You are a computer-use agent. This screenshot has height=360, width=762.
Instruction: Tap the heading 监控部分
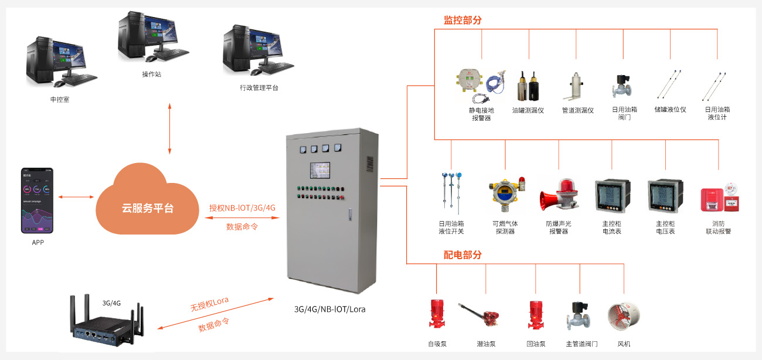(x=462, y=20)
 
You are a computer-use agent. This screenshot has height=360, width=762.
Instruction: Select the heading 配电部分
(x=462, y=254)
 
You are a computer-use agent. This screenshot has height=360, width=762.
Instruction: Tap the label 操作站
(x=151, y=74)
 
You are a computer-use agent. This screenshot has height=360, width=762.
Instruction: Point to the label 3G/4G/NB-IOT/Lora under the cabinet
(x=330, y=309)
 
